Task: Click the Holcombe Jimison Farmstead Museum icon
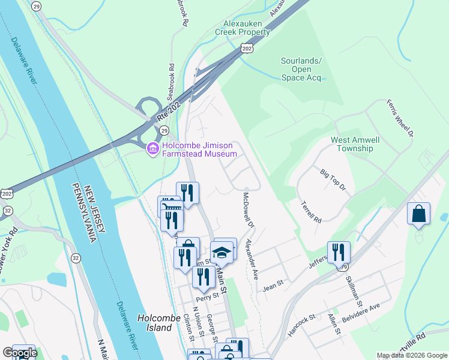tap(152, 148)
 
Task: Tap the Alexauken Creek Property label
tap(246, 28)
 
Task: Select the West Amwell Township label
tap(355, 144)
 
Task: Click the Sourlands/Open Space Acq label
tap(301, 69)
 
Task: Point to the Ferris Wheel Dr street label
tap(400, 118)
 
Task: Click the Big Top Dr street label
tap(333, 180)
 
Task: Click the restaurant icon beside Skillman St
tap(339, 252)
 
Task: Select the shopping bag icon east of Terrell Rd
tap(418, 214)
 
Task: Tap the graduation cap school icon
tap(221, 253)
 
